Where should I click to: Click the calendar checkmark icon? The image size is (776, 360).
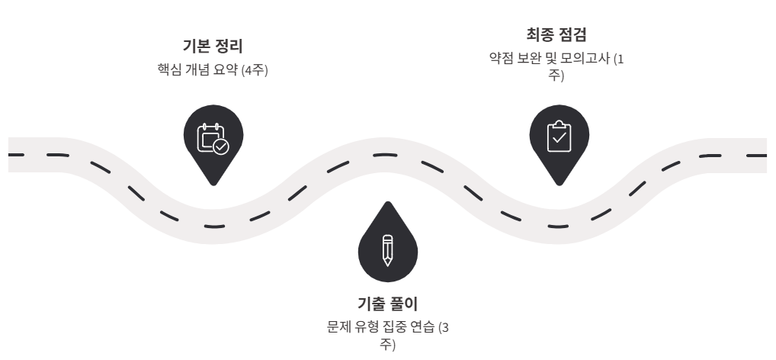(x=213, y=139)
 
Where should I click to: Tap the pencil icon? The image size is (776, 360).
(x=387, y=249)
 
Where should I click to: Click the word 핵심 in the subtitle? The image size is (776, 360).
(x=168, y=69)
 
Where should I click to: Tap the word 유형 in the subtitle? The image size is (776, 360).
(x=363, y=328)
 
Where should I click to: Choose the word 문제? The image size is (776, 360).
(x=336, y=328)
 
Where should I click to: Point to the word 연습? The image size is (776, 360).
(x=427, y=328)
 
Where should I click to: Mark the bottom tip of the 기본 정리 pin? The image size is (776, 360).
(x=213, y=185)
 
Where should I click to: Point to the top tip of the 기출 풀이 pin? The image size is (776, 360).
(x=387, y=202)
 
